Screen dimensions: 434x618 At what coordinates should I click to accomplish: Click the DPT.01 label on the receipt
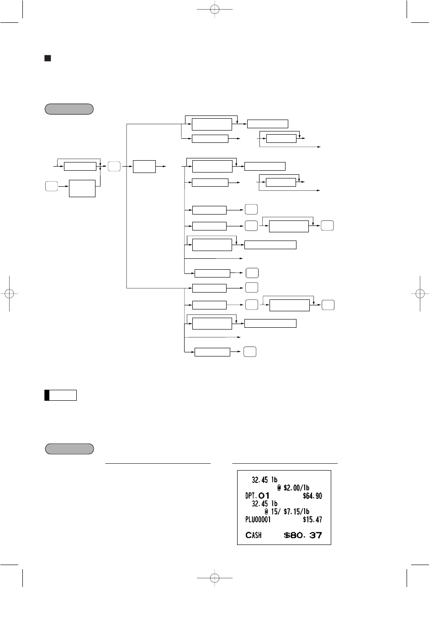coord(257,496)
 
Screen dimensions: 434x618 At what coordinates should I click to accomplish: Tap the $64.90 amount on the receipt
coord(312,496)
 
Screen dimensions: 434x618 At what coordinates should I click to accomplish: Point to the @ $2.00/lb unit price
coord(293,488)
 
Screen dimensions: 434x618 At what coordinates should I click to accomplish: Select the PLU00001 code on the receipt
coord(258,519)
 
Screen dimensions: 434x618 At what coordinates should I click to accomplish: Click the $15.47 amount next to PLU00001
coord(312,519)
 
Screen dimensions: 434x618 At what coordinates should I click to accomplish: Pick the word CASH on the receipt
coord(253,535)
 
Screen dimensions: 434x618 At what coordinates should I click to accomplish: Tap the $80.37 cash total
coord(303,535)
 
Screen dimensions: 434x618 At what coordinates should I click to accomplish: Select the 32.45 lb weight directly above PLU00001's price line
coord(265,504)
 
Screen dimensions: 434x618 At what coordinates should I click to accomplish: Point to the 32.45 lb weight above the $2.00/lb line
coord(265,480)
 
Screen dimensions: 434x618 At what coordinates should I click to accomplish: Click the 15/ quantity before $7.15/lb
coord(275,512)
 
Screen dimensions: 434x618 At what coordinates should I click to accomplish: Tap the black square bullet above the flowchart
coord(48,58)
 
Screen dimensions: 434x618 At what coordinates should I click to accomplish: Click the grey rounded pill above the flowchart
coord(69,109)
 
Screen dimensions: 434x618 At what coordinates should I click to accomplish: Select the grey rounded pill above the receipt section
coord(69,449)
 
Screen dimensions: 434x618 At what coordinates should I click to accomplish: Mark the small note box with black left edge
coord(60,395)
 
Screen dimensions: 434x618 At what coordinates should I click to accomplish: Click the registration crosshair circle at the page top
coord(215,10)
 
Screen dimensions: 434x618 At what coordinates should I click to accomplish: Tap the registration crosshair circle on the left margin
coord(10,293)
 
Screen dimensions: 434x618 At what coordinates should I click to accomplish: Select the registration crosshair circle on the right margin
coord(420,293)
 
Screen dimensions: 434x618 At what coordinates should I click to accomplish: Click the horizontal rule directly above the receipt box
coord(285,464)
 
